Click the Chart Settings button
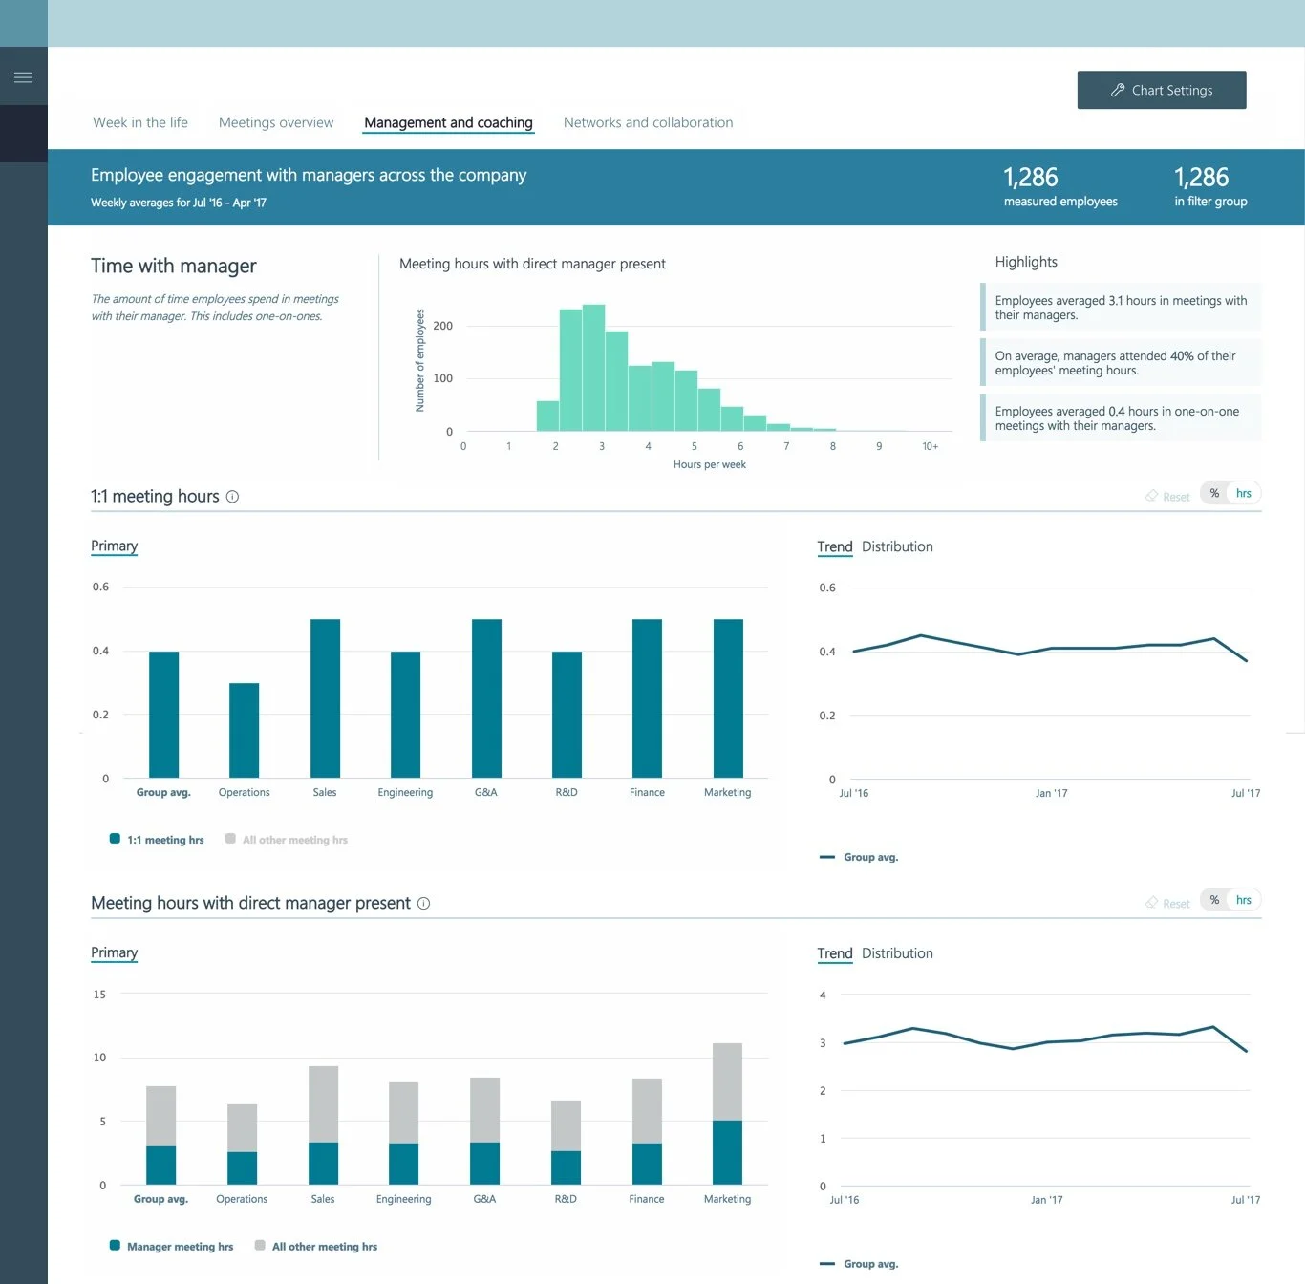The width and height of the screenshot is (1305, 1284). pyautogui.click(x=1161, y=90)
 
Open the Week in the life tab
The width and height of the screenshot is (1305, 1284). pyautogui.click(x=140, y=122)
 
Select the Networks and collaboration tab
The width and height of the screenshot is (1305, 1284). pyautogui.click(x=648, y=122)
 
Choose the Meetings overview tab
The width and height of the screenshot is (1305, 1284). pyautogui.click(x=276, y=122)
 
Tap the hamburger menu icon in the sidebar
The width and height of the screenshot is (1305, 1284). pyautogui.click(x=24, y=77)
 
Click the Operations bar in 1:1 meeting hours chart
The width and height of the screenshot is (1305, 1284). pyautogui.click(x=244, y=730)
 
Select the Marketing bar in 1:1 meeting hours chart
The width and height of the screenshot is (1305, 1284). pyautogui.click(x=728, y=697)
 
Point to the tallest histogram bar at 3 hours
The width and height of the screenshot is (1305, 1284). pyautogui.click(x=593, y=368)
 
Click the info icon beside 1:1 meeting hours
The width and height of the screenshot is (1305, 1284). pyautogui.click(x=232, y=497)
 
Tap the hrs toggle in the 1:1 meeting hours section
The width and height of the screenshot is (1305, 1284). pyautogui.click(x=1243, y=493)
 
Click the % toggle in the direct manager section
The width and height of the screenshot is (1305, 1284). pyautogui.click(x=1214, y=900)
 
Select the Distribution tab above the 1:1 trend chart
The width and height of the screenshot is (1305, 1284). pyautogui.click(x=897, y=546)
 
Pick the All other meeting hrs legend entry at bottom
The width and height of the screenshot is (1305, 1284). pyautogui.click(x=324, y=1247)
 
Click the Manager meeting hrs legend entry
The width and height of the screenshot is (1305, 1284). pyautogui.click(x=180, y=1247)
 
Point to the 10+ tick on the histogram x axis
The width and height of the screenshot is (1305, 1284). pyautogui.click(x=930, y=446)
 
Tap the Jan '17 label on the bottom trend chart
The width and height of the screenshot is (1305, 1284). pyautogui.click(x=1046, y=1200)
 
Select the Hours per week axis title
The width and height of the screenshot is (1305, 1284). pyautogui.click(x=709, y=464)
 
